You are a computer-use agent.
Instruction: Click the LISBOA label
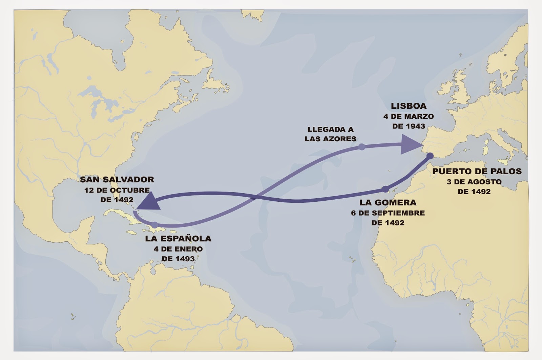[409, 106]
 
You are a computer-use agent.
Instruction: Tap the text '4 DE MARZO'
[409, 116]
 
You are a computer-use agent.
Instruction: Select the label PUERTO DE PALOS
[477, 171]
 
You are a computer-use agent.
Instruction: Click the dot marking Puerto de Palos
[430, 156]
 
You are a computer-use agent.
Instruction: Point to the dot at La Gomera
[385, 189]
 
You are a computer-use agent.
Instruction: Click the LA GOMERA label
[388, 202]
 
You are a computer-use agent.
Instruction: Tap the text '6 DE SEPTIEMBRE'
[388, 213]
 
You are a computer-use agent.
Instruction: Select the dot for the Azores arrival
[362, 147]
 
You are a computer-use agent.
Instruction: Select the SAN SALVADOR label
[117, 179]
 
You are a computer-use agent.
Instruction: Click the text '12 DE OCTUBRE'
[117, 190]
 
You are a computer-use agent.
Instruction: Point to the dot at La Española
[155, 224]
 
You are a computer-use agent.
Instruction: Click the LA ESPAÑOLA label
[178, 238]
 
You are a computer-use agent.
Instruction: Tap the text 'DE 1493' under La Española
[178, 259]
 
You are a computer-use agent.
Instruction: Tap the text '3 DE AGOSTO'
[474, 182]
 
